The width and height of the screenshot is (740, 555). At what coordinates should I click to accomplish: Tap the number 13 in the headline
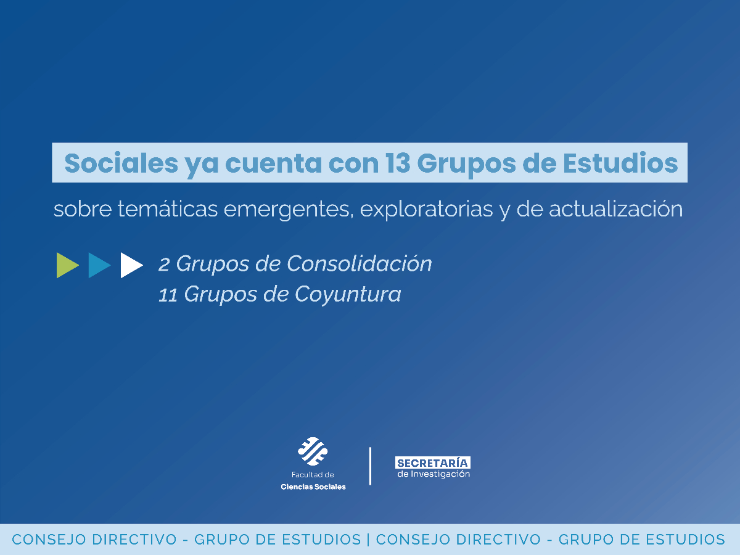tap(398, 163)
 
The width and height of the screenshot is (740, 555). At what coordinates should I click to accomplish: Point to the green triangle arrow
tap(67, 265)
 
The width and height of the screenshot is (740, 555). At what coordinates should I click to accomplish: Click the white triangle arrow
tap(130, 265)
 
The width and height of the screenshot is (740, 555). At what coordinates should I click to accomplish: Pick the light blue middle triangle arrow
tap(98, 265)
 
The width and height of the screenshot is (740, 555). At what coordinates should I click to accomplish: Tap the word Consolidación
tap(360, 264)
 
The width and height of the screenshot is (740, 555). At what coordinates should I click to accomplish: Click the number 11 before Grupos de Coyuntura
tap(167, 295)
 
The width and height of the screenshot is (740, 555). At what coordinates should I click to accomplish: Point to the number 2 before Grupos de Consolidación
tap(164, 265)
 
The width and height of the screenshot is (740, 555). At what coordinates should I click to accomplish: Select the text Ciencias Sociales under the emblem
tap(313, 487)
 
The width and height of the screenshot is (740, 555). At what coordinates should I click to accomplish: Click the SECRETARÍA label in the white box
tap(432, 463)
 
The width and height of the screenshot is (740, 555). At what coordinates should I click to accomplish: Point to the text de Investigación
tap(434, 474)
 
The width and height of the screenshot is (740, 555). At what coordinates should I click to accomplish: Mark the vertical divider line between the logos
tap(370, 466)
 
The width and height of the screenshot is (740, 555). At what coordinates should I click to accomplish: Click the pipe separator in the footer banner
tap(368, 540)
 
